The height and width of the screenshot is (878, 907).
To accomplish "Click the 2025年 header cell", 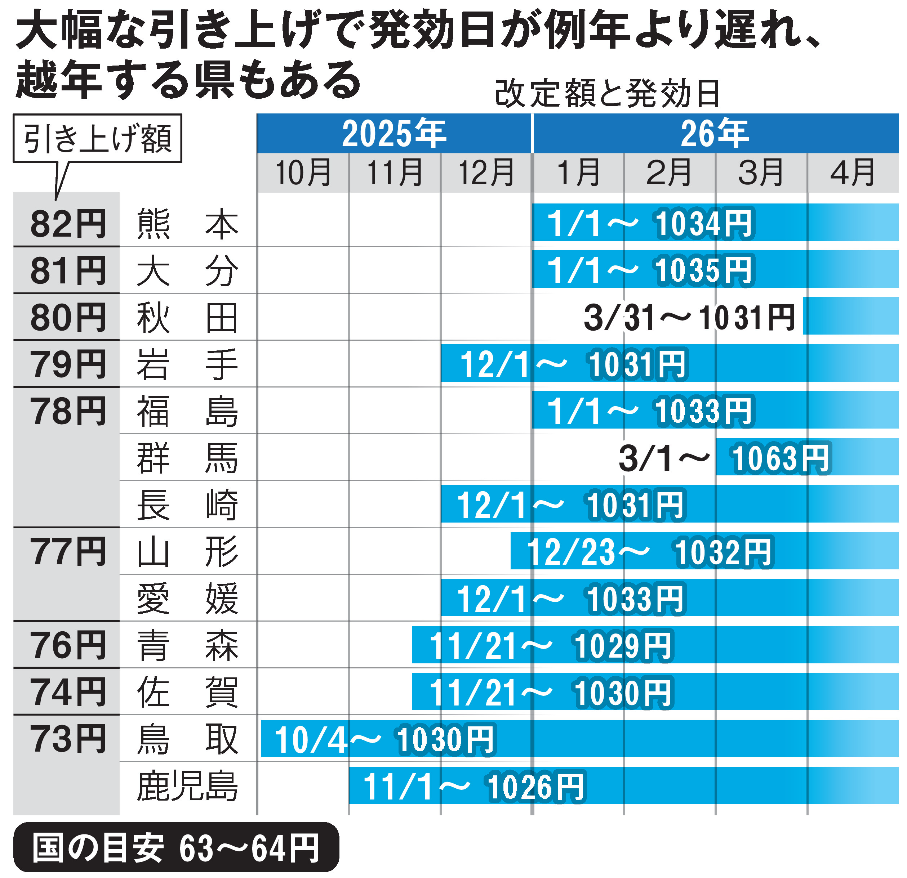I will point(394,134).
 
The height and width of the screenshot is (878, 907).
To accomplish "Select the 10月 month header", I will point(303,173).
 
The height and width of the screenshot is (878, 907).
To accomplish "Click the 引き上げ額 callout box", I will point(97,138).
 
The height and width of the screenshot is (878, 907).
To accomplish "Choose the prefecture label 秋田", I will point(187,318).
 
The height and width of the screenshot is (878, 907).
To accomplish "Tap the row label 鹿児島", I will point(187,786).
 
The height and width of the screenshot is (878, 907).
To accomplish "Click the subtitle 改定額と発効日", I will point(607,94).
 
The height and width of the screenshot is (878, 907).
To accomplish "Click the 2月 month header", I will point(669,173).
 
